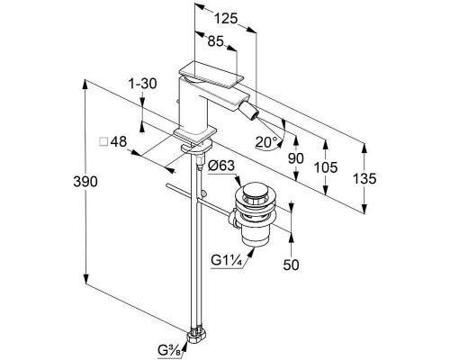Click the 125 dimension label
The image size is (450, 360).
point(226,19)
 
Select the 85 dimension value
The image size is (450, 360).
point(216,41)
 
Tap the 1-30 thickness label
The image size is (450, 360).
point(142,84)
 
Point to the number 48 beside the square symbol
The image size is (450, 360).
point(119,141)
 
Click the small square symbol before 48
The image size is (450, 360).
point(103,141)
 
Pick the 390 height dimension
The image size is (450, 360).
point(85,182)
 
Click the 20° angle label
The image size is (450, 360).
point(266,142)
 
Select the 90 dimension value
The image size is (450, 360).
point(296,158)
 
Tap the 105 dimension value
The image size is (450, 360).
point(326,167)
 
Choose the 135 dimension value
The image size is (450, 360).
point(364,178)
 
